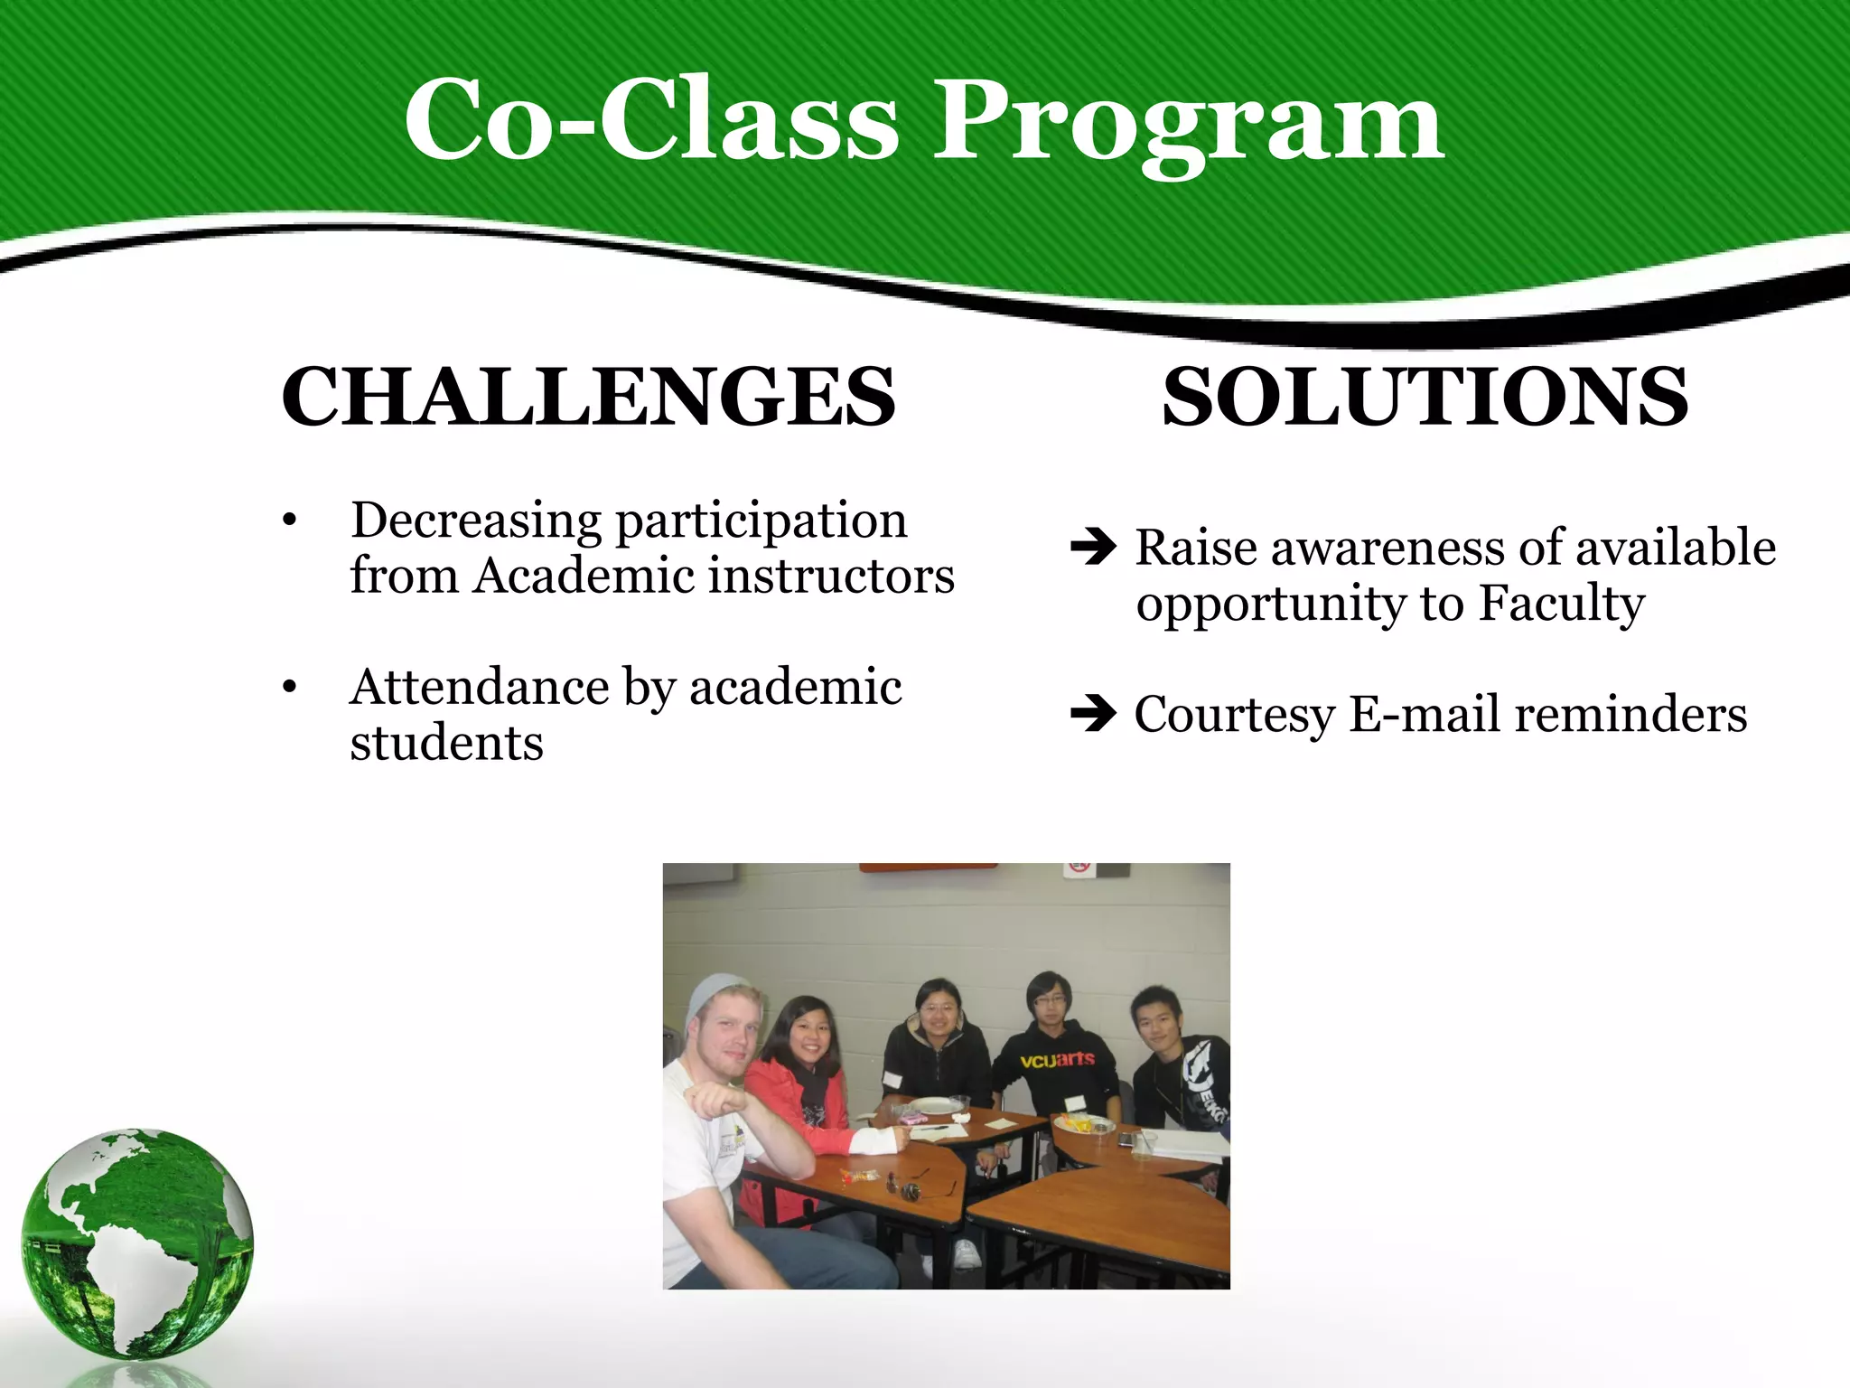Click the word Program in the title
(1188, 122)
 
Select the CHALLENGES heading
(588, 398)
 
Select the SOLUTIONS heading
(1425, 398)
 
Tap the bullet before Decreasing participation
(289, 521)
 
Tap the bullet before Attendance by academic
(289, 688)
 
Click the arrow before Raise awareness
(1093, 547)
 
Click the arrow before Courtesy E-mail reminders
(1093, 714)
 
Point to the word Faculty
(1561, 604)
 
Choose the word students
(446, 744)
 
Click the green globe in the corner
(137, 1243)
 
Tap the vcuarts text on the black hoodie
(1057, 1059)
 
